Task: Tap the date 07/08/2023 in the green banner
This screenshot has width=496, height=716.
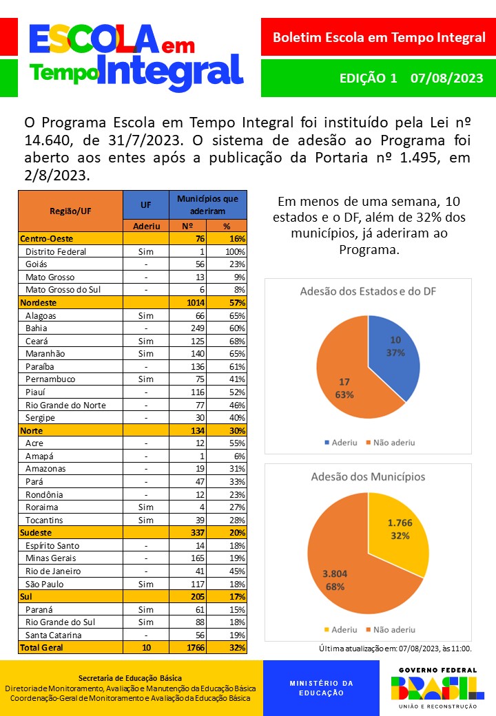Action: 446,78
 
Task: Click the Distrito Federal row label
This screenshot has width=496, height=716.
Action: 56,251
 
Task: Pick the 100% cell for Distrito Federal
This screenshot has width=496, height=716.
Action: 235,251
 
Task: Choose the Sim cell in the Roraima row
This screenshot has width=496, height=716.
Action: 145,507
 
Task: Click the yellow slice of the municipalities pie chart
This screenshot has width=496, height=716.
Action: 396,530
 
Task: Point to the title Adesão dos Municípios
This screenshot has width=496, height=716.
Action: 368,476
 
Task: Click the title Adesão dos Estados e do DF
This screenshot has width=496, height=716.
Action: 368,291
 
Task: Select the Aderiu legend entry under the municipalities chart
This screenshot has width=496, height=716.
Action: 340,629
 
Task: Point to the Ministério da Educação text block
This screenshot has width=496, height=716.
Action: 320,688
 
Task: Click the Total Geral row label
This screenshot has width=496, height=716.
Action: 43,648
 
